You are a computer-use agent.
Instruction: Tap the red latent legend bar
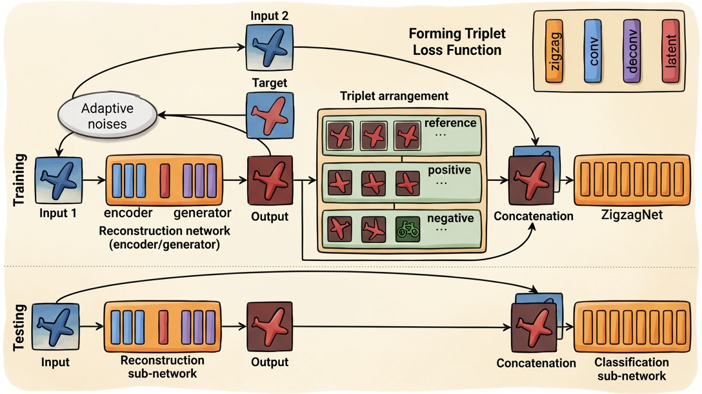[x=672, y=50]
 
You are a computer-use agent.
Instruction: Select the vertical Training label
[x=19, y=179]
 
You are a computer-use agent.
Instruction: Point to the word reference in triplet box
[x=450, y=123]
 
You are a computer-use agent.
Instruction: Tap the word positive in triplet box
[x=450, y=171]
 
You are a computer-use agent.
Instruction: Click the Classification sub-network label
[x=631, y=369]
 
